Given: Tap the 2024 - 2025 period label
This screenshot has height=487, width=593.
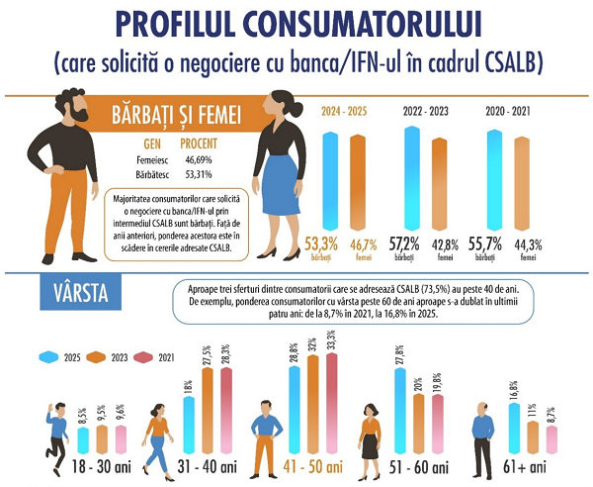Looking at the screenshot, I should click(x=344, y=113).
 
